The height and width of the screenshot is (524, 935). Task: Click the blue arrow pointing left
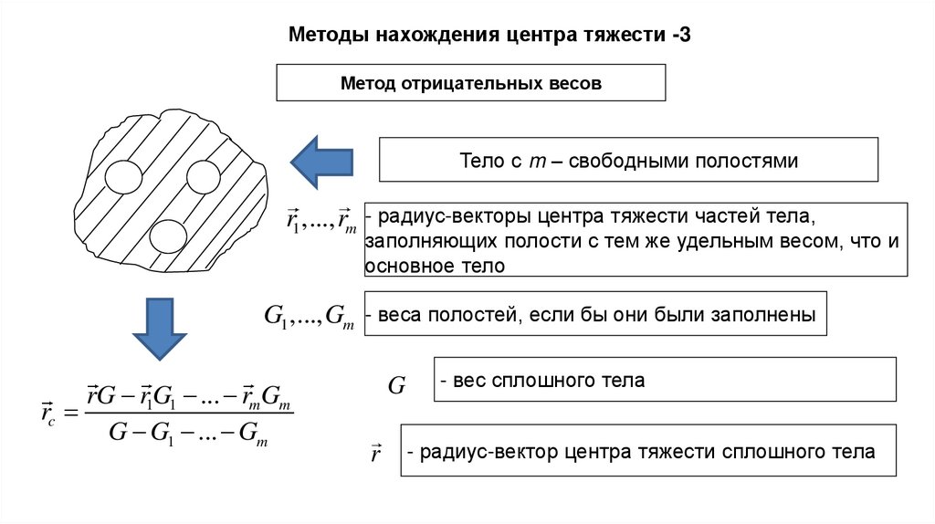pyautogui.click(x=320, y=162)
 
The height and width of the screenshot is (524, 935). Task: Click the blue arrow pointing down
pyautogui.click(x=160, y=330)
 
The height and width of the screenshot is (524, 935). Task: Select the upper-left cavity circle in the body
pyautogui.click(x=123, y=174)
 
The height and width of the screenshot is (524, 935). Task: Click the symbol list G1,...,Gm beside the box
pyautogui.click(x=309, y=317)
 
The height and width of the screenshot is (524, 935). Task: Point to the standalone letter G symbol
pyautogui.click(x=396, y=385)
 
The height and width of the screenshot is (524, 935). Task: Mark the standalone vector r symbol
pyautogui.click(x=375, y=453)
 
